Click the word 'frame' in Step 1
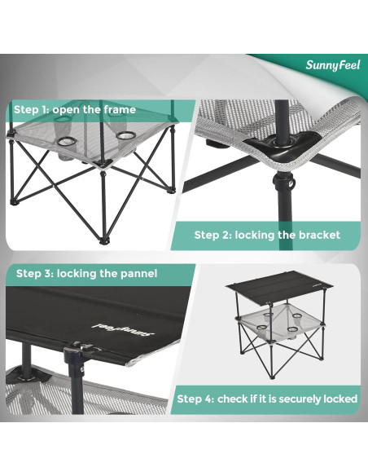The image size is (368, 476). point(116,109)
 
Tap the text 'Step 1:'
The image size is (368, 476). point(33,109)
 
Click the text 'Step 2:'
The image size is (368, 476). point(213,235)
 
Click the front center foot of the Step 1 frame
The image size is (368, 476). point(103,241)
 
